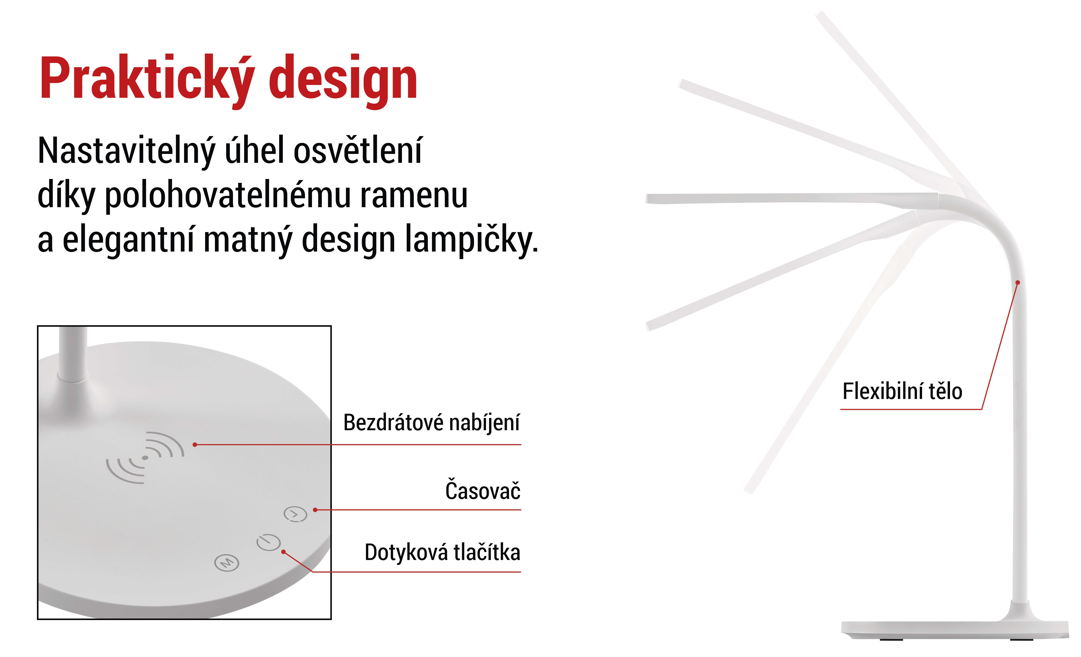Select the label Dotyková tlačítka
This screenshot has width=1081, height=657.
click(x=442, y=552)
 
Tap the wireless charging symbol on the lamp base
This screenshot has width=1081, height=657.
click(x=145, y=458)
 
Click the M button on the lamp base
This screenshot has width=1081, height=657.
click(x=226, y=562)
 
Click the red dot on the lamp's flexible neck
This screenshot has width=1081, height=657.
click(x=1018, y=282)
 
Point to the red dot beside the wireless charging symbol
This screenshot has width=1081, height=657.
click(x=195, y=445)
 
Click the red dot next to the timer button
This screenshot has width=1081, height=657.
click(x=315, y=510)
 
